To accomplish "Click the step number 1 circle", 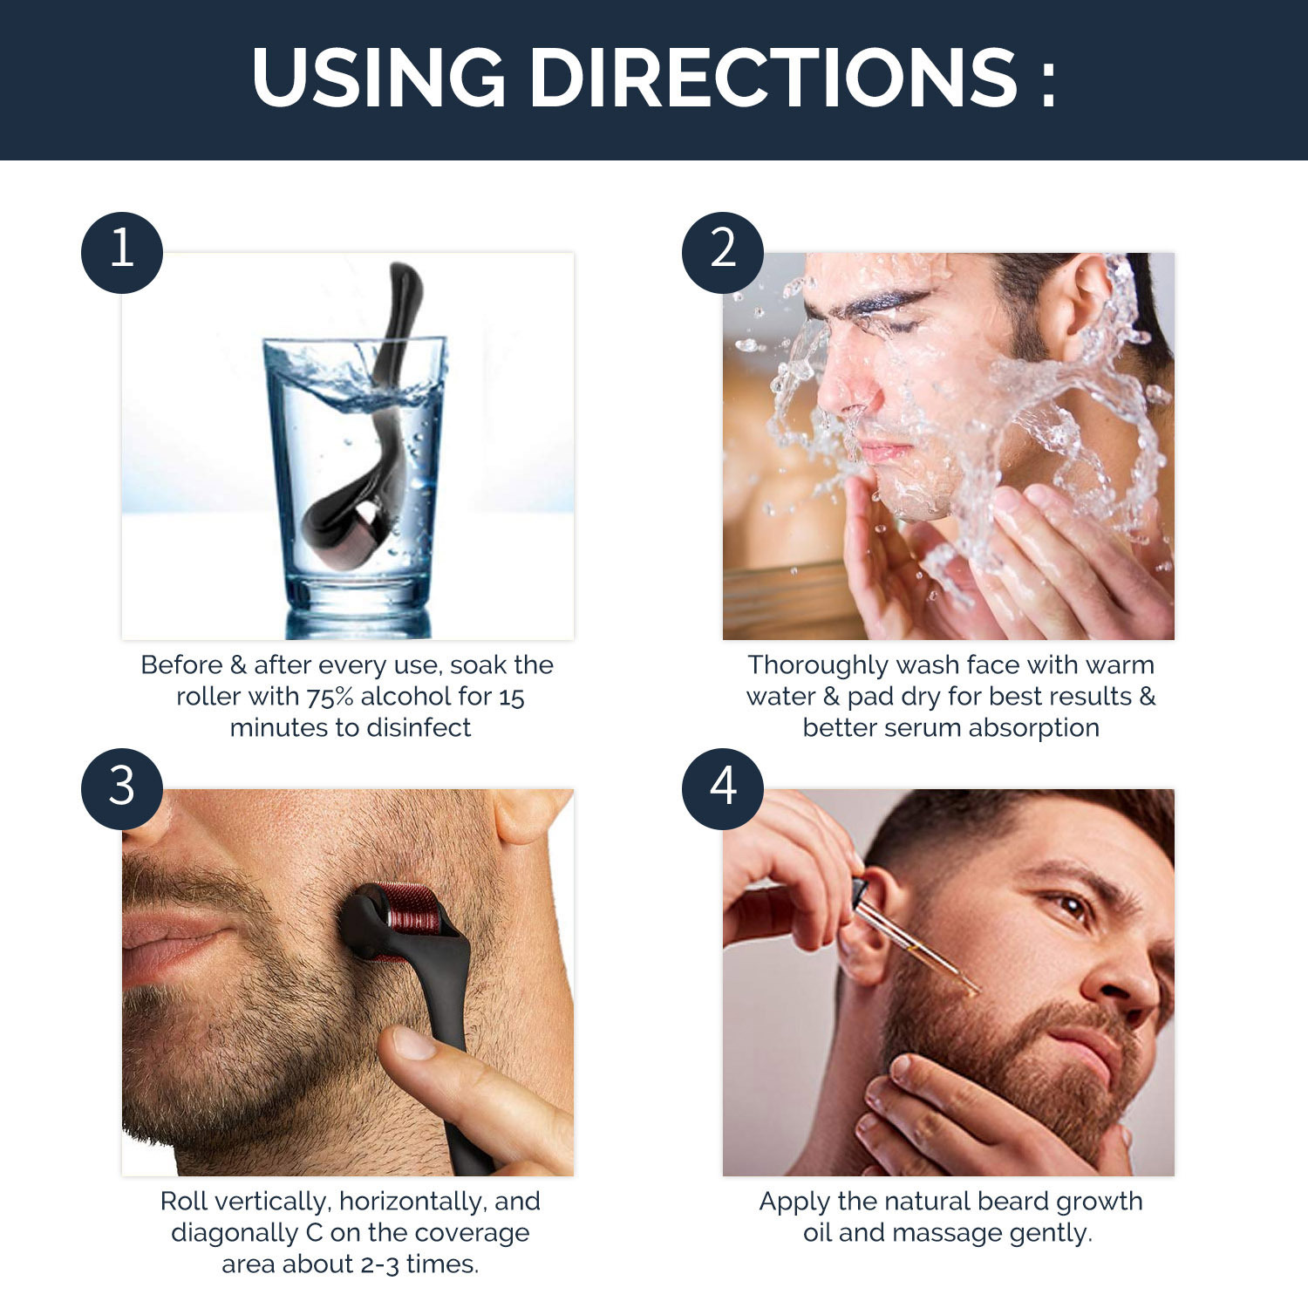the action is point(122,253).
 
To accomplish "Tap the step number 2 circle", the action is point(723,253).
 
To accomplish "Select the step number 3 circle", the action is point(122,789).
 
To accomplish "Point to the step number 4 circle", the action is point(723,789).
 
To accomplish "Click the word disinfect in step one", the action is point(419,727).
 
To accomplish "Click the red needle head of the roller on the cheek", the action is point(409,916).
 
